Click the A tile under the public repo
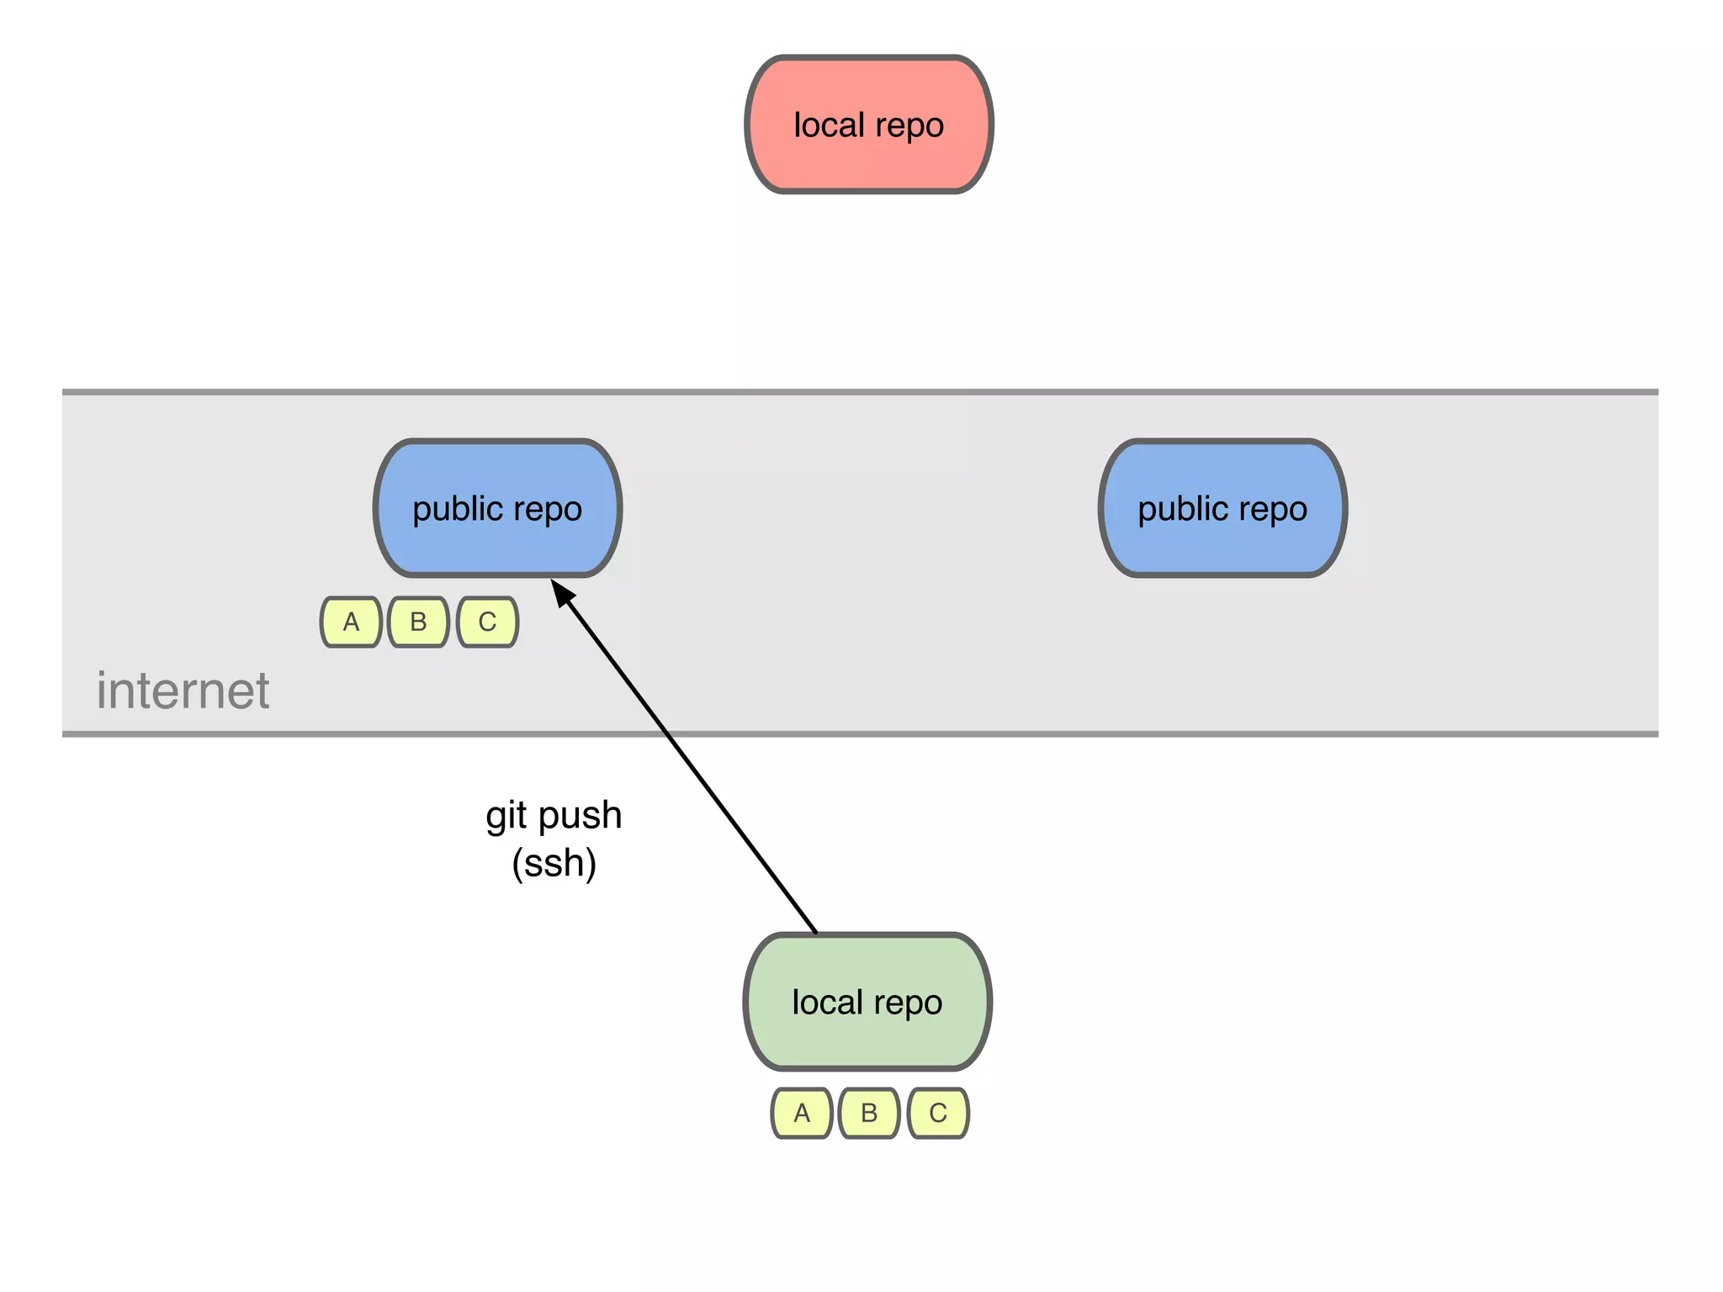click(x=352, y=622)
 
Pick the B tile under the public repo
click(x=418, y=622)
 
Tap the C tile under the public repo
click(x=487, y=622)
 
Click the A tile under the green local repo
click(x=802, y=1113)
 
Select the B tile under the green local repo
click(x=869, y=1113)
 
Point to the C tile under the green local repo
click(x=938, y=1113)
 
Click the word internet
click(x=183, y=691)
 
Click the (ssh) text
click(x=554, y=864)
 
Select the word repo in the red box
click(x=909, y=126)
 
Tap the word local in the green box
click(x=828, y=1002)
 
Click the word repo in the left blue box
click(x=547, y=510)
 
